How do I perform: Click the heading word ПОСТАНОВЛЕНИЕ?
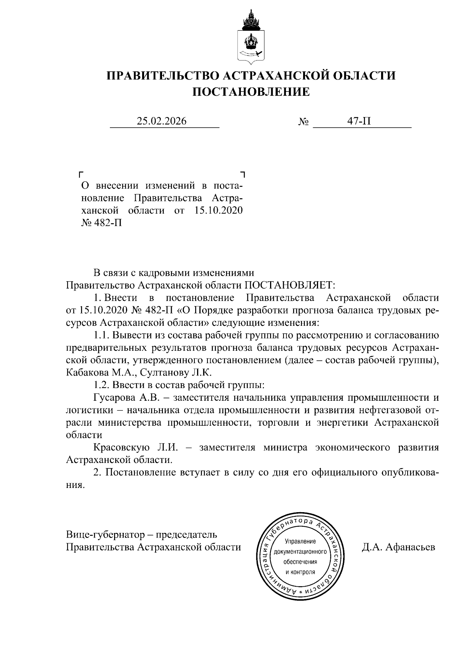click(250, 92)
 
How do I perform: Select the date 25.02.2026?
click(162, 121)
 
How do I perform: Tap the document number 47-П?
click(359, 121)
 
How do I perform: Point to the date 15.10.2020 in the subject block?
click(217, 211)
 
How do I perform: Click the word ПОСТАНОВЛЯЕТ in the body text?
click(290, 285)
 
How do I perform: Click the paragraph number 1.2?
click(101, 385)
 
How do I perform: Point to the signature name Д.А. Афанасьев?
click(398, 547)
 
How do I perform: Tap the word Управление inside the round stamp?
click(300, 542)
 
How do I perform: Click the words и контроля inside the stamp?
click(300, 572)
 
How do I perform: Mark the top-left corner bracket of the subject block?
click(81, 174)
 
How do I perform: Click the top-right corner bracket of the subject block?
click(242, 174)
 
